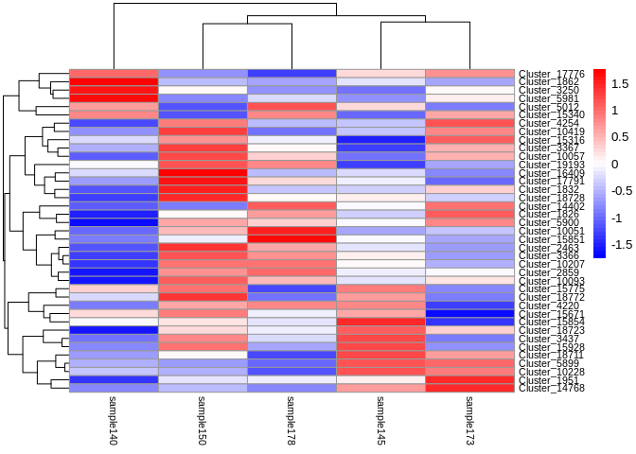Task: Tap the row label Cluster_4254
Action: click(x=548, y=123)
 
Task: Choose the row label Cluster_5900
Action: click(x=548, y=222)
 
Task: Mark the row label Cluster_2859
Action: click(x=548, y=271)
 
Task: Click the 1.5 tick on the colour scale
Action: click(x=621, y=84)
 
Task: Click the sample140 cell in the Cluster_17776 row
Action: click(x=114, y=74)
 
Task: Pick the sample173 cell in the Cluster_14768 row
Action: click(x=469, y=388)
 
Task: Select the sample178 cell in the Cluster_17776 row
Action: click(x=291, y=74)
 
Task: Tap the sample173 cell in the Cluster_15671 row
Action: click(x=469, y=313)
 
